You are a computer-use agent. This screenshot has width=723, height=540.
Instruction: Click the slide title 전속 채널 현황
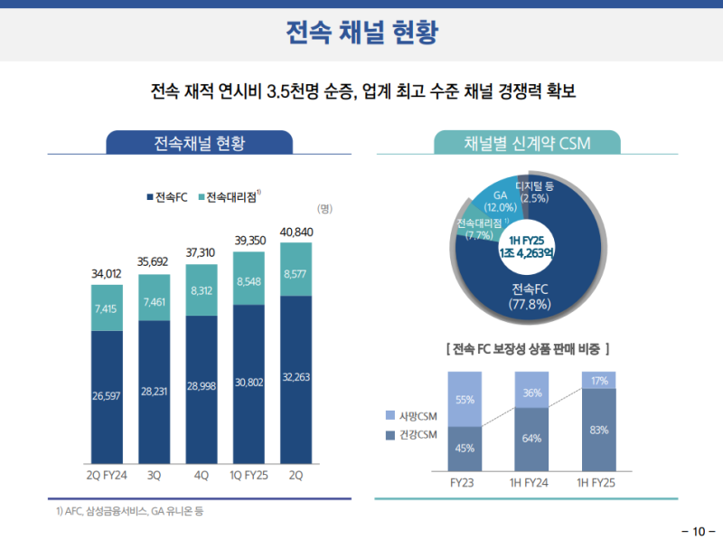[x=361, y=33]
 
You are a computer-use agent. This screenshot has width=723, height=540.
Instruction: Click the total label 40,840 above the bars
[x=298, y=232]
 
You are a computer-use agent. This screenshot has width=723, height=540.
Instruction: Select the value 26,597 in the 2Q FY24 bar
[x=107, y=394]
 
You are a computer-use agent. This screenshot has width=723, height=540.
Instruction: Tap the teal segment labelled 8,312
[x=202, y=290]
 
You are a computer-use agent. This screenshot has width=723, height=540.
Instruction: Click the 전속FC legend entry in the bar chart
[x=166, y=197]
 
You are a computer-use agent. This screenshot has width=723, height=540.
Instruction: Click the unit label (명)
[x=324, y=209]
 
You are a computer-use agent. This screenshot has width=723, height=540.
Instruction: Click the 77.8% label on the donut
[x=530, y=305]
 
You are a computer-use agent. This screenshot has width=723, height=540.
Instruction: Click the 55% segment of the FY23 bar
[x=465, y=399]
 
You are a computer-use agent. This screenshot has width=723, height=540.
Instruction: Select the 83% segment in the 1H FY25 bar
[x=598, y=430]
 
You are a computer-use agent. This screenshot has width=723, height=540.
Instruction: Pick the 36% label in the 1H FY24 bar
[x=531, y=393]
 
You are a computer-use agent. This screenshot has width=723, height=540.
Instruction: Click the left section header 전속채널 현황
[x=199, y=143]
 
